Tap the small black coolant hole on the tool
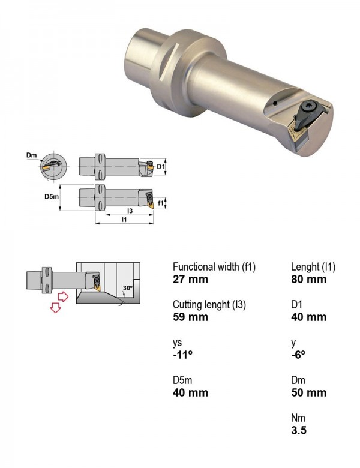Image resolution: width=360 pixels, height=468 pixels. point(275,104)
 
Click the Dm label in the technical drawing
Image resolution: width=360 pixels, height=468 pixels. point(31,155)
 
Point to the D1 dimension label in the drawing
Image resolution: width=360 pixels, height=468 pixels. point(161,166)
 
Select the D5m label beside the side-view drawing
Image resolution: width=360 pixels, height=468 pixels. point(52,196)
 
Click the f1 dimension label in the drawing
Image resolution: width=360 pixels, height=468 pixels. point(161,203)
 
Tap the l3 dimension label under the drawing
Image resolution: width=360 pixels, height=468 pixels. point(130,211)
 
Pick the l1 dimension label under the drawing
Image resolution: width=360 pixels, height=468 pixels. point(124,220)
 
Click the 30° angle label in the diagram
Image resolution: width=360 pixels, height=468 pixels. point(128,288)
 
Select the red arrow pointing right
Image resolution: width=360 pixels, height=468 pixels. point(62,296)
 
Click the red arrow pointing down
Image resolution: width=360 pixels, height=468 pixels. point(56,307)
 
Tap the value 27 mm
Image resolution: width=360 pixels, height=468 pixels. point(190,280)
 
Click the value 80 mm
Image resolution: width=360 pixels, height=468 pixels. point(308,280)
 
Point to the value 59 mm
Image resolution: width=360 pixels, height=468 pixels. point(190,317)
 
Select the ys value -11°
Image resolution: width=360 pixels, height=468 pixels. point(182,355)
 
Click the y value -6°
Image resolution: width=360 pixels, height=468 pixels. point(298,355)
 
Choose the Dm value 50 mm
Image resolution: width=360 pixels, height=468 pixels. point(308,392)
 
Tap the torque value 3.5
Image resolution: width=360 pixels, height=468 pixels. point(299,430)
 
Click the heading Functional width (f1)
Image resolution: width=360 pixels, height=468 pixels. point(214,267)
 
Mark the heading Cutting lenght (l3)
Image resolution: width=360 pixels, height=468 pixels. point(209,305)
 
